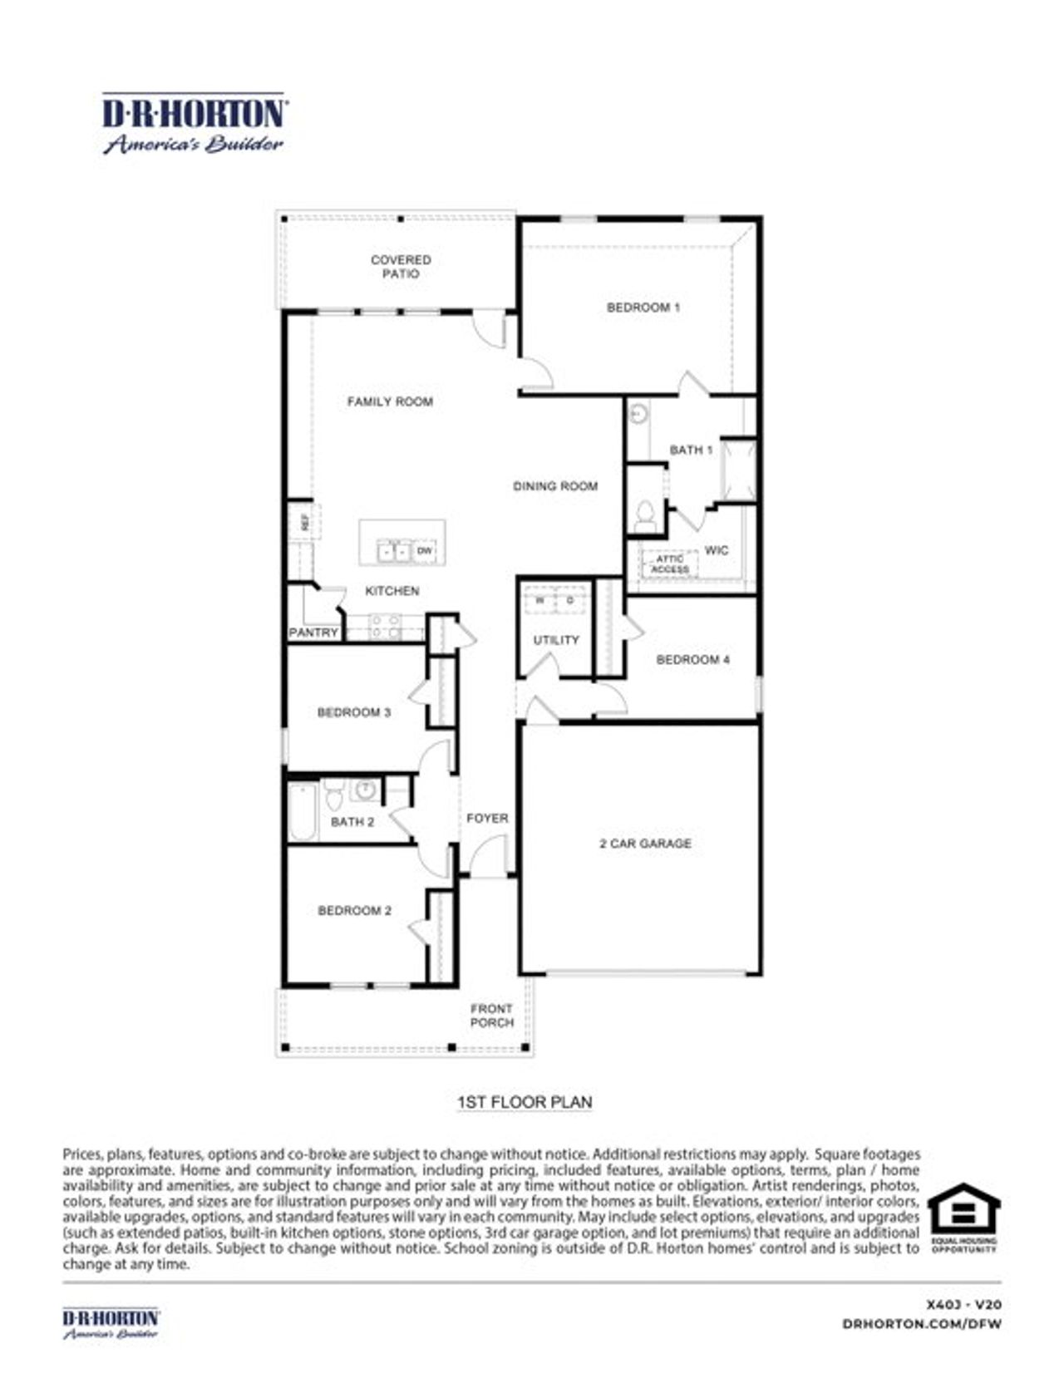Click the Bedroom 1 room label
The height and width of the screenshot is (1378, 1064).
pos(643,308)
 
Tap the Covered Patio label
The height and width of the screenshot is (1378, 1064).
pos(401,267)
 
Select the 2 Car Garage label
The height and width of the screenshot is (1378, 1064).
pos(645,844)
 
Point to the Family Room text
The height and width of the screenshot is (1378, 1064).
pos(390,402)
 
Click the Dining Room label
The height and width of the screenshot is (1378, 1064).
pos(555,486)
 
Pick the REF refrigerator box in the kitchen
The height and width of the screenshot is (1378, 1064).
pos(304,522)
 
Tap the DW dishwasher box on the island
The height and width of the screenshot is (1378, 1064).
pos(424,551)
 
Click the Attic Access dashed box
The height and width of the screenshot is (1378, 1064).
pos(669,564)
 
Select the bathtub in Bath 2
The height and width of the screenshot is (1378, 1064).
pos(303,811)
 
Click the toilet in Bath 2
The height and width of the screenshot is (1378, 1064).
pos(334,796)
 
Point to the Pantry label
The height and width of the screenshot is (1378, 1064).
pos(313,632)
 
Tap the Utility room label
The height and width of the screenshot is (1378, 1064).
pos(556,640)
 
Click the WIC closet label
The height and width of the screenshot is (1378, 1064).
pos(716,550)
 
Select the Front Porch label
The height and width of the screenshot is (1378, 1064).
pos(492,1016)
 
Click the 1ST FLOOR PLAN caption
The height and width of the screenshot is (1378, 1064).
pos(525,1102)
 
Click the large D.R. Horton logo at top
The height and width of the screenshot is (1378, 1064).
pos(195,123)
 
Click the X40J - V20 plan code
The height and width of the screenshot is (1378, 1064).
pos(963,1305)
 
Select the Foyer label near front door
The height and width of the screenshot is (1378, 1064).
pos(487,819)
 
